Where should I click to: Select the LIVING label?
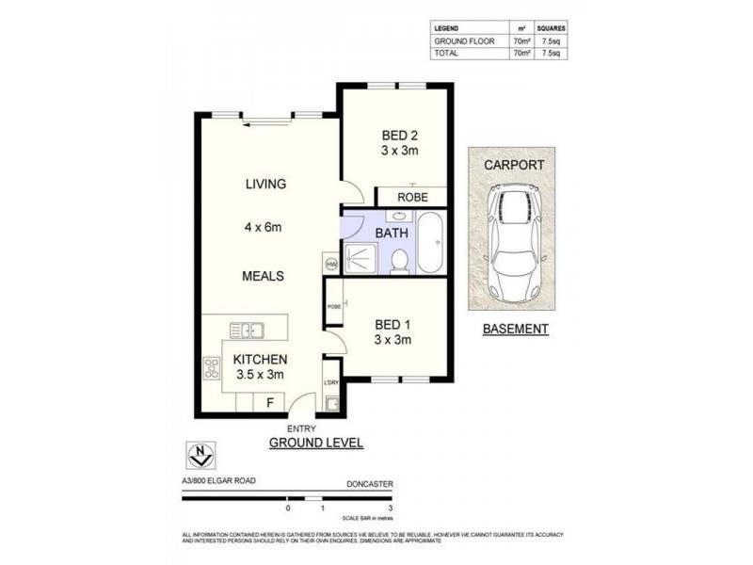click(x=266, y=184)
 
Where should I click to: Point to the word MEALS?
click(x=263, y=276)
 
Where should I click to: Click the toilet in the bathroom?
click(x=399, y=259)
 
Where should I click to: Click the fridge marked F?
click(x=271, y=402)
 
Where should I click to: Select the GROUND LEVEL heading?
click(x=316, y=442)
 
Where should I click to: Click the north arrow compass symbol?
click(x=200, y=455)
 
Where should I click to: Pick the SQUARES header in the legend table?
click(x=552, y=29)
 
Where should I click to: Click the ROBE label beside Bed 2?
click(x=412, y=198)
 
